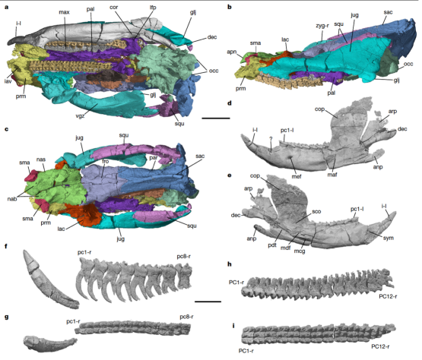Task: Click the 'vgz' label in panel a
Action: tap(80, 116)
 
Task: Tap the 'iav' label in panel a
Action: tap(8, 81)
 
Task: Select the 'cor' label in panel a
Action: tap(113, 8)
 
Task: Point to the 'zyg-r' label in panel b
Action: tap(322, 26)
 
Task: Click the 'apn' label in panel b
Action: tap(231, 52)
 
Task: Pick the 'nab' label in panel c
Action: tap(12, 199)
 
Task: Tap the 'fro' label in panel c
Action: tap(105, 161)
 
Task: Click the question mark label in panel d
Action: tap(271, 138)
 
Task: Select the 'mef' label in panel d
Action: tap(297, 176)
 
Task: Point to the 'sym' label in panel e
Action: tap(389, 238)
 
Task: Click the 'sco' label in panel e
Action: tap(316, 211)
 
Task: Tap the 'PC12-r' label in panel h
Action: tap(388, 296)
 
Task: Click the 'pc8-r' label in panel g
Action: tap(186, 317)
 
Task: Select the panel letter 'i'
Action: tap(233, 326)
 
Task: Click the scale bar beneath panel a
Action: tap(216, 118)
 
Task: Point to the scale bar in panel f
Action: tap(208, 302)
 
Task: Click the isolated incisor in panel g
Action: tap(49, 343)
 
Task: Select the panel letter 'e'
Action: tap(230, 175)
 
